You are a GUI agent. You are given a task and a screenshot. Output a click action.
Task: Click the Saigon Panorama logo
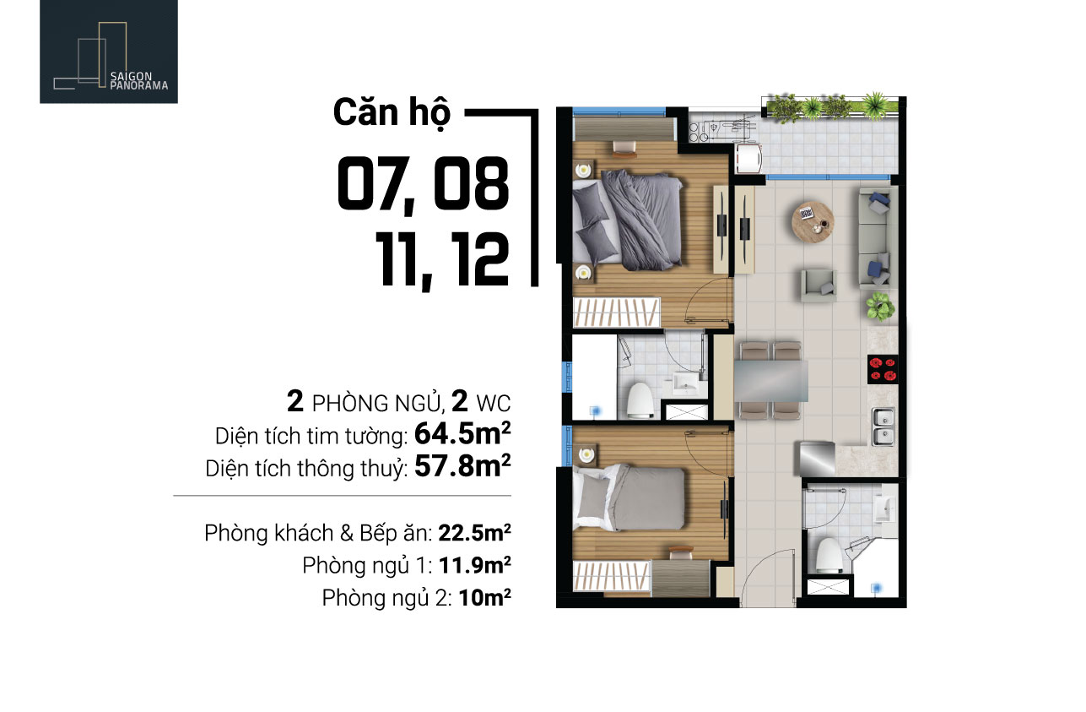109,52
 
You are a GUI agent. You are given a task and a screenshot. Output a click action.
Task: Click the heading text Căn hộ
392,113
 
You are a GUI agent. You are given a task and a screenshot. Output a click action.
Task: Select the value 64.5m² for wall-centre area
462,433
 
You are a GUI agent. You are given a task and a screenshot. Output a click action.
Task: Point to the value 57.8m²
462,466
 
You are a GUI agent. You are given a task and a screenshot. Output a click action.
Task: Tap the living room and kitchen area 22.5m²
474,533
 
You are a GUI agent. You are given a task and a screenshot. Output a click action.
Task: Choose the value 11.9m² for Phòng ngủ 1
474,565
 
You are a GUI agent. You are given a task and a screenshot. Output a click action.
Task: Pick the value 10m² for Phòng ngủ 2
485,597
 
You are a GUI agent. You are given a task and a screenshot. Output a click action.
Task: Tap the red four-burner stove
883,369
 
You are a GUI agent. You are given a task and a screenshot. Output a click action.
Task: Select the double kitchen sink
883,427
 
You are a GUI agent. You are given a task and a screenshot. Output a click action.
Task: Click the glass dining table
771,381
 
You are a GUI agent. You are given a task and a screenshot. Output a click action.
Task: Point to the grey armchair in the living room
819,285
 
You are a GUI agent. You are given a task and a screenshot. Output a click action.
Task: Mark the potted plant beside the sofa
879,307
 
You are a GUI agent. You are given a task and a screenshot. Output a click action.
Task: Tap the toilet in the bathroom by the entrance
829,555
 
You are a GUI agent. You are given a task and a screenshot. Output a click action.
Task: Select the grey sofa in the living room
878,238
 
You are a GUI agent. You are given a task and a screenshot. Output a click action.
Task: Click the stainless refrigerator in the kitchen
817,459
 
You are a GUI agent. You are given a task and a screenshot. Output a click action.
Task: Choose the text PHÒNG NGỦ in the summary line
377,404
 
